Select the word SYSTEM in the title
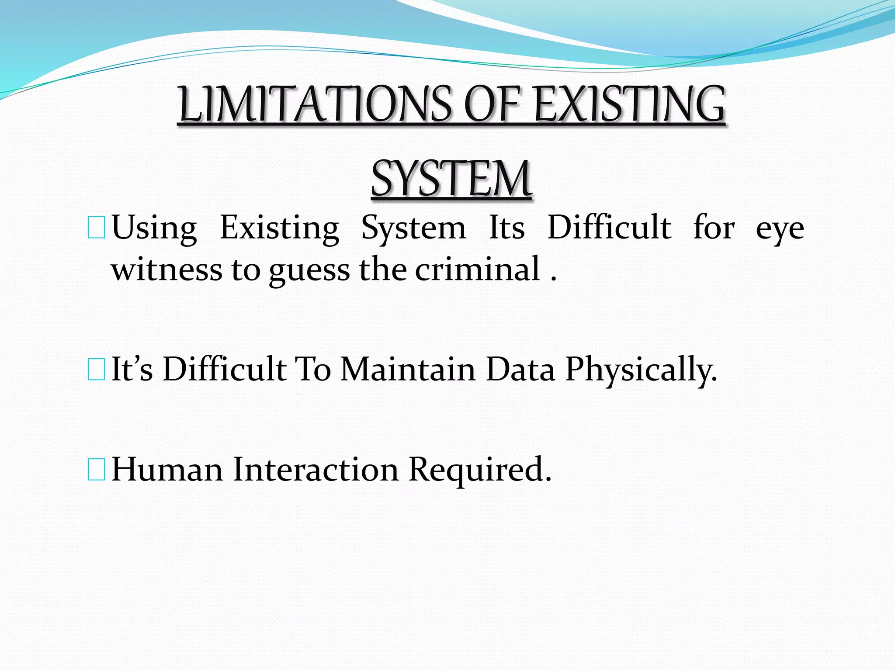(451, 179)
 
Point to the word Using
(154, 228)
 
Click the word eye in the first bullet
(780, 228)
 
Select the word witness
(167, 270)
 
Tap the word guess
(309, 270)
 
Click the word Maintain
(408, 369)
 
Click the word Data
(520, 369)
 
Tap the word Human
(167, 469)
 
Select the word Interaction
(316, 469)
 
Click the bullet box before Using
(96, 228)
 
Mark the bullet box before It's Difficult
(96, 370)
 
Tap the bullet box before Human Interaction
(96, 470)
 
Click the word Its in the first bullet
(506, 228)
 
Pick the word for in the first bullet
(714, 228)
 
